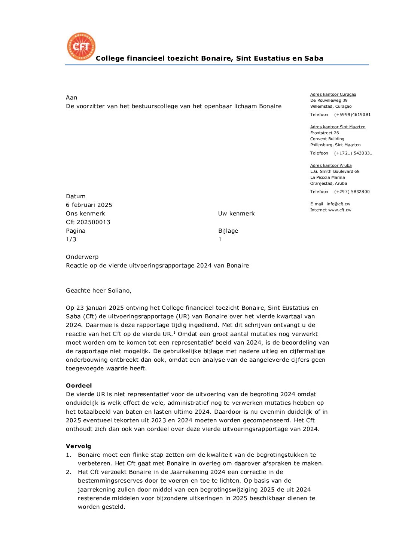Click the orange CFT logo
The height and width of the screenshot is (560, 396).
pos(81,46)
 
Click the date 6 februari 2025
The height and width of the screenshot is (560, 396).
pos(89,205)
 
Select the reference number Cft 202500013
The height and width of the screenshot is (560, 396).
pos(88,222)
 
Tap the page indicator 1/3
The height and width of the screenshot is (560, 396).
pos(71,239)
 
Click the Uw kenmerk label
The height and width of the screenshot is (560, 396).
pos(236,214)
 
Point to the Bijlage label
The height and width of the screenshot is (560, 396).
pos(228,231)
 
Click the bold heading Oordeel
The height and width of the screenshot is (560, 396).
pos(79,386)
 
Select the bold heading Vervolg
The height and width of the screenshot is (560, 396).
pos(78,446)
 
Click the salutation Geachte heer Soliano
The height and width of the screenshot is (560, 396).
pos(98,291)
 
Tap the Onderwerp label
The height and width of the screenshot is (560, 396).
pos(82,257)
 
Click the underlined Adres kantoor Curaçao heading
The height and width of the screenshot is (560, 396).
pos(333,95)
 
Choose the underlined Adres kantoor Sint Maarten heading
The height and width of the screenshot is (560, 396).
pos(338,127)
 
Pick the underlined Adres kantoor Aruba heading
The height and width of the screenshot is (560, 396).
pos(330,166)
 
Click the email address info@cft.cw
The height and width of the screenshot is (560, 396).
pos(338,204)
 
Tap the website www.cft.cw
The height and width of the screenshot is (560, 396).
pos(339,210)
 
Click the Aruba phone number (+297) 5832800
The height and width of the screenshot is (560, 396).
pos(351,192)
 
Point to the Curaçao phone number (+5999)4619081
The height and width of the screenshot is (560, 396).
pos(352,115)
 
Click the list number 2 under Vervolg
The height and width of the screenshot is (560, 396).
pos(68,472)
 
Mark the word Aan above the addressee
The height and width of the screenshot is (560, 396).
pos(71,98)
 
